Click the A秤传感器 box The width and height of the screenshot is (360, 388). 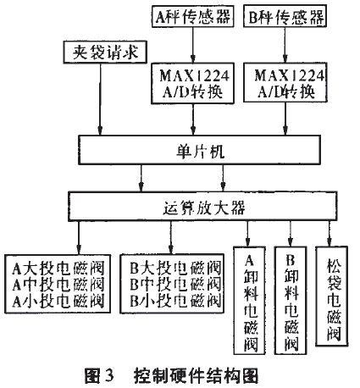(191, 15)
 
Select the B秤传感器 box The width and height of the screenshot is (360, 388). (277, 15)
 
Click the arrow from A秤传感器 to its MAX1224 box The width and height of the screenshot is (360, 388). (191, 43)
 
